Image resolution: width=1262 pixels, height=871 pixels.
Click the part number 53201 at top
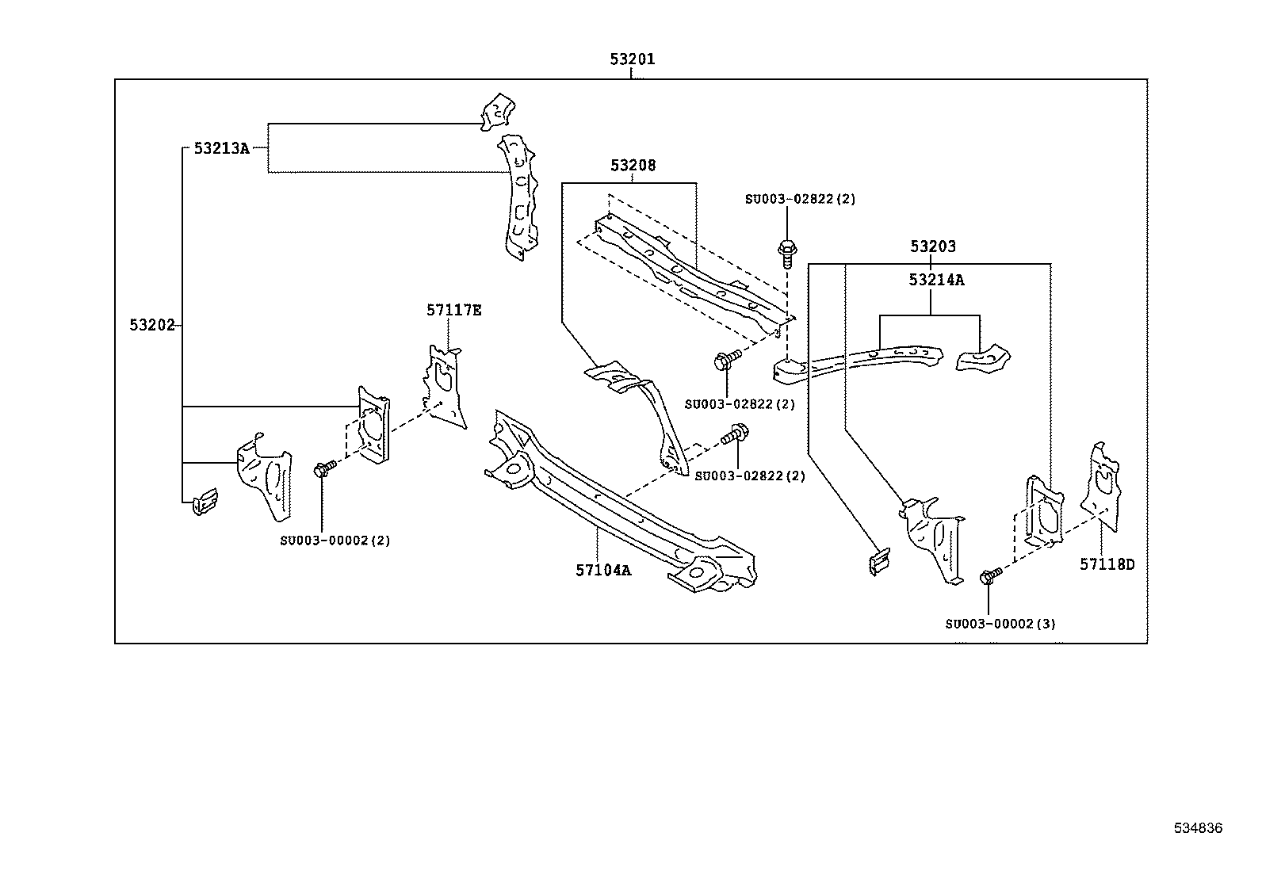click(x=632, y=59)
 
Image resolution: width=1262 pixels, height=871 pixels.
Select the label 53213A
click(x=221, y=148)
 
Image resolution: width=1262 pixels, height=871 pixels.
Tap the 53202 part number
click(x=152, y=325)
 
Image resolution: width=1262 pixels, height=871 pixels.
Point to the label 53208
click(x=633, y=165)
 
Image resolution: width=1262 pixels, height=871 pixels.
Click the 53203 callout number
click(x=933, y=246)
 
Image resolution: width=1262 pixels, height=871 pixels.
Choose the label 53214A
click(x=936, y=280)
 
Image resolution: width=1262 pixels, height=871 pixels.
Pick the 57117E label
click(x=454, y=311)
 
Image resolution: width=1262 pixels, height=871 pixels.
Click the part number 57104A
click(x=603, y=571)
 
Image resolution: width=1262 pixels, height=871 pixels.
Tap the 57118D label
click(x=1107, y=564)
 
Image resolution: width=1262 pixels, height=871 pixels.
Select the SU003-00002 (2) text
click(x=335, y=541)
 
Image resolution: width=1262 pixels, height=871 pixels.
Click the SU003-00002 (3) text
click(x=1000, y=625)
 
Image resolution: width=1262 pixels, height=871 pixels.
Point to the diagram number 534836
click(x=1199, y=828)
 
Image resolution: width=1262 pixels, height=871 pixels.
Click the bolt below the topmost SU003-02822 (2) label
click(x=787, y=254)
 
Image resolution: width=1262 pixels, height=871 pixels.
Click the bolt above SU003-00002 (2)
click(x=325, y=468)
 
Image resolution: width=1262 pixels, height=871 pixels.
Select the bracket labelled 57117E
click(x=444, y=387)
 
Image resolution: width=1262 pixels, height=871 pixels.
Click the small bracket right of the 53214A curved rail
click(x=983, y=358)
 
